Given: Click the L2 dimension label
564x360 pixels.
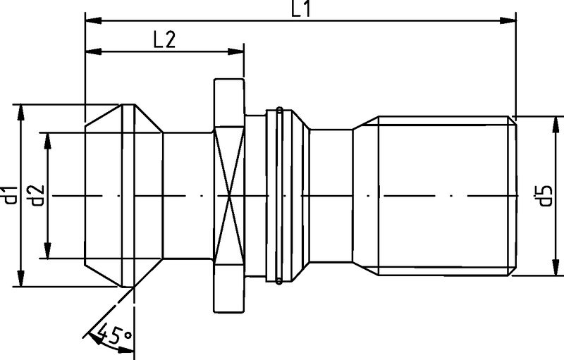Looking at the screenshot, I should (x=164, y=39).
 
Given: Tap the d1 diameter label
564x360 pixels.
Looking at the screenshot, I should (x=9, y=195).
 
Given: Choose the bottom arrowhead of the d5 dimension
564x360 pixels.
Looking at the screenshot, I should (x=554, y=269).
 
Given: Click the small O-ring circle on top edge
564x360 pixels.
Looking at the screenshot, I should (x=279, y=110).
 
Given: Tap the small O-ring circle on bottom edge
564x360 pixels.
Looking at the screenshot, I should (x=279, y=281).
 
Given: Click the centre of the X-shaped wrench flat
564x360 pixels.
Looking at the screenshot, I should (x=230, y=195).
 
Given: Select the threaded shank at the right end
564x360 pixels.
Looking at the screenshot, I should (x=444, y=195).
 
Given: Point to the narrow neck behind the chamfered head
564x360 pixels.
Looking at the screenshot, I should (x=188, y=195).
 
